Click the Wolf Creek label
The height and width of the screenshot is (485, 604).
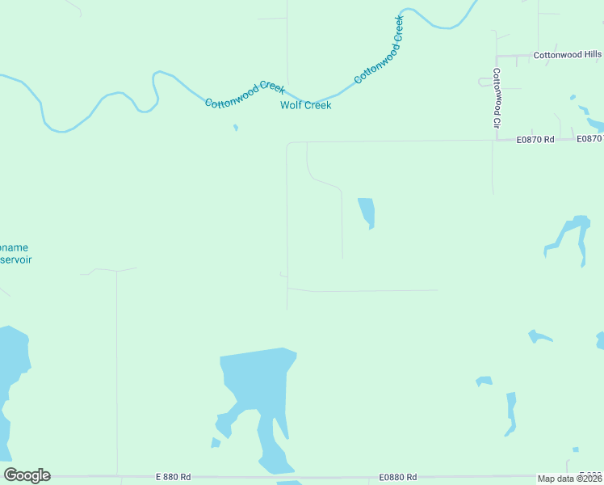(x=305, y=105)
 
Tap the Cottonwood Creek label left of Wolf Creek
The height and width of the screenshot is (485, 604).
(x=245, y=95)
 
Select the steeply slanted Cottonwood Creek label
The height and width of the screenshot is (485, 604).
(x=378, y=50)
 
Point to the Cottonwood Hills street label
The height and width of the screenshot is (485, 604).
(x=567, y=56)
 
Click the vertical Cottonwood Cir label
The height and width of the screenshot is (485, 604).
(x=497, y=99)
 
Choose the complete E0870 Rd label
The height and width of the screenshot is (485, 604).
(x=535, y=140)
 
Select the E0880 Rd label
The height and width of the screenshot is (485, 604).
(x=399, y=477)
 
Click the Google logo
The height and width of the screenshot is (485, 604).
(x=27, y=475)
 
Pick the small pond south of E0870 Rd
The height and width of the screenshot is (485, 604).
(x=367, y=212)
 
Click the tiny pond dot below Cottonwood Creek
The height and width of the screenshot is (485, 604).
(x=236, y=127)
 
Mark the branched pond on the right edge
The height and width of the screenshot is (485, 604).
(x=568, y=234)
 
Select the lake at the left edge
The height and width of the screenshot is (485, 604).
(x=13, y=364)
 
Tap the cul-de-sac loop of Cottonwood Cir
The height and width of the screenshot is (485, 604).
(x=484, y=81)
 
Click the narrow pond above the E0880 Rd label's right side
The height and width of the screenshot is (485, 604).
(x=510, y=412)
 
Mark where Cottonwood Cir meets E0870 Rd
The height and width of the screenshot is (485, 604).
(x=493, y=140)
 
